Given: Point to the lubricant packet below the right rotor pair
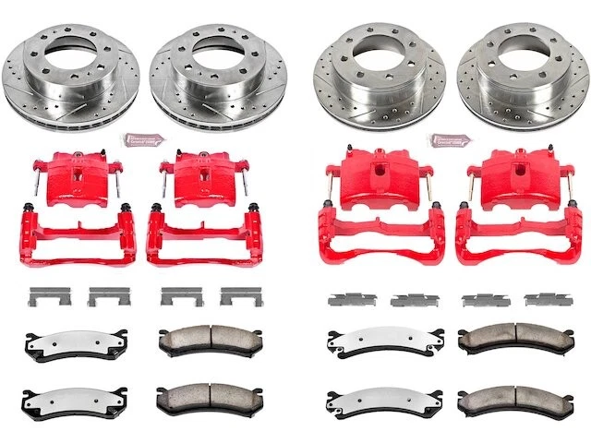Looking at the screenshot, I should [x=449, y=140].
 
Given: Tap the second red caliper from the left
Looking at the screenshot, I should [x=202, y=177].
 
